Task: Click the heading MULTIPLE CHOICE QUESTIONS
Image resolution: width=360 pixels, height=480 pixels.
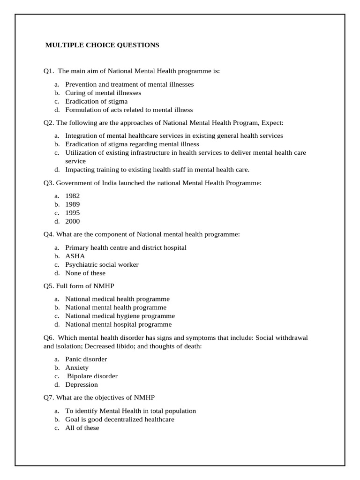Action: tap(102, 45)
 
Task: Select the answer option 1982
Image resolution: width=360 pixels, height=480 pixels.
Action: tap(73, 196)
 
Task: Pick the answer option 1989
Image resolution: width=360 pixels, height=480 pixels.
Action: tap(73, 204)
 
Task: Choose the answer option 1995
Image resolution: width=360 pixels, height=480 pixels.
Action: tap(73, 213)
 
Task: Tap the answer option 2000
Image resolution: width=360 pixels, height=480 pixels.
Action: tap(73, 221)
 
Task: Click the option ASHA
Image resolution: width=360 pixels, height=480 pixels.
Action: tap(75, 256)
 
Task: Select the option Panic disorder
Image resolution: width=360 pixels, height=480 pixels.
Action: tap(86, 359)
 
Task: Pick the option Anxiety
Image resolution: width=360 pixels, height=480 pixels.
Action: tap(77, 367)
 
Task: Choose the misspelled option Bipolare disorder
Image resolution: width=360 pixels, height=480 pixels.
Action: tap(92, 376)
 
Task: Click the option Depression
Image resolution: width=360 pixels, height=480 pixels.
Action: tap(82, 384)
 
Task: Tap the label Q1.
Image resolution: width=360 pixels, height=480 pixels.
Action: tap(49, 71)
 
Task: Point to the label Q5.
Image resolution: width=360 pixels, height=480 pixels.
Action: tap(49, 286)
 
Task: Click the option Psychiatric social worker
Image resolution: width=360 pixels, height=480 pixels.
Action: tap(102, 264)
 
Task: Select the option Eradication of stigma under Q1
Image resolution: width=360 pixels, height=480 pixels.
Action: tap(96, 101)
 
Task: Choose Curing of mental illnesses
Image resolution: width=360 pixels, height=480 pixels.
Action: tap(103, 93)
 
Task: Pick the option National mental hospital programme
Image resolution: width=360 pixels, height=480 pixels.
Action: tap(118, 324)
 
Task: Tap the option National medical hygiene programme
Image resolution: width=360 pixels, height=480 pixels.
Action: tap(120, 316)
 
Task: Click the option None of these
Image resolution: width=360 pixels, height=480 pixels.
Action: tap(85, 273)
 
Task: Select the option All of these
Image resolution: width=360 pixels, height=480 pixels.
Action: tap(82, 427)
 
